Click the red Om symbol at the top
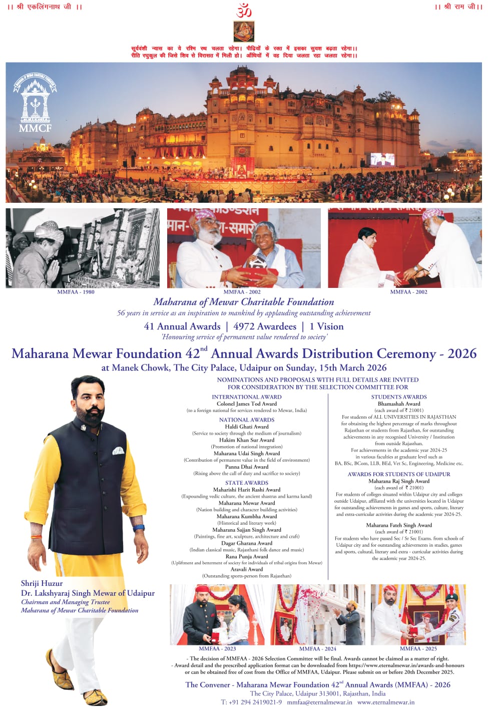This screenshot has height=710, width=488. [244, 10]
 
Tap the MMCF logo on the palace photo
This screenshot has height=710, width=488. [35, 103]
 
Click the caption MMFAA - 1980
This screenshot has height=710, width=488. [76, 292]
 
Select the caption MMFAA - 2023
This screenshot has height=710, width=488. [217, 648]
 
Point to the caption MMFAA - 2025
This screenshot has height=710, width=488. [418, 648]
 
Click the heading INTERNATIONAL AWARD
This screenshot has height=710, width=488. [246, 397]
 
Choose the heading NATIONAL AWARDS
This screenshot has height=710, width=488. [246, 420]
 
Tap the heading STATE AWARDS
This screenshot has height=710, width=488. [246, 483]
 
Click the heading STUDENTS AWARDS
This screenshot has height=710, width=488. [399, 397]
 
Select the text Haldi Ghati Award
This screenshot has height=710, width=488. [246, 427]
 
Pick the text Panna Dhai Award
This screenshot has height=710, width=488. [246, 467]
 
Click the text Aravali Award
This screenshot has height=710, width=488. [246, 569]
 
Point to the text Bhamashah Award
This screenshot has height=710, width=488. [399, 404]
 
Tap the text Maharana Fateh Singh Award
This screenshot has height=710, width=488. [399, 525]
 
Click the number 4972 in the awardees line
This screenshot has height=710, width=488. [244, 326]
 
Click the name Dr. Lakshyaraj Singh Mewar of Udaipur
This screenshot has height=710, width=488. [88, 593]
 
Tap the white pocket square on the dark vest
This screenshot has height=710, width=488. [118, 451]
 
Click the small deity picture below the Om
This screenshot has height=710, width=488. [244, 32]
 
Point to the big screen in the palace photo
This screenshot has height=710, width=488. [382, 159]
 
